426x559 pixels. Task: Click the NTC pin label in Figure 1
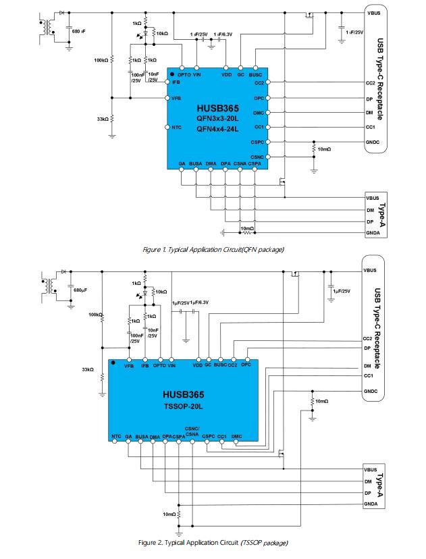(x=176, y=128)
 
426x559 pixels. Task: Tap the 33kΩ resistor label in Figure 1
(x=103, y=119)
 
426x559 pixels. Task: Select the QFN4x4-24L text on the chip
(x=217, y=129)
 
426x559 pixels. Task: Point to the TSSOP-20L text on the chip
(x=183, y=406)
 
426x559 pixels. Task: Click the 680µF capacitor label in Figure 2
(x=80, y=290)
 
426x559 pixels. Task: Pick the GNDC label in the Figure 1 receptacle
(x=372, y=142)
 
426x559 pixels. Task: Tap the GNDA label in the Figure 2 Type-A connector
(x=371, y=504)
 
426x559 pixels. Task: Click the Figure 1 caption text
(x=213, y=250)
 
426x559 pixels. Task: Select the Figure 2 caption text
(x=213, y=543)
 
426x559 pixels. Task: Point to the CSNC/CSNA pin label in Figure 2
(x=192, y=431)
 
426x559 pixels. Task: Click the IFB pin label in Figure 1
(x=176, y=82)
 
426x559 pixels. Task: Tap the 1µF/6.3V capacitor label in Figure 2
(x=199, y=302)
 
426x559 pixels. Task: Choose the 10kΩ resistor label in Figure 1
(x=162, y=33)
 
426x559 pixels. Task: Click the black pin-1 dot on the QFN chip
(x=172, y=74)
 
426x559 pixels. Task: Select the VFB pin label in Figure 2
(x=129, y=366)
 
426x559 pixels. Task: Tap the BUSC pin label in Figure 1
(x=255, y=75)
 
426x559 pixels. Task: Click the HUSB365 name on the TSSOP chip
(x=183, y=394)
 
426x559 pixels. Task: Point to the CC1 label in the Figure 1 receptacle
(x=370, y=127)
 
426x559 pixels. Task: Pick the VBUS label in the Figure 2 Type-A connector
(x=371, y=469)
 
